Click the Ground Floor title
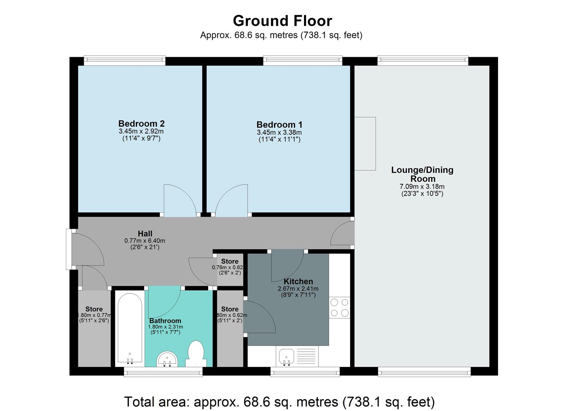(x=282, y=21)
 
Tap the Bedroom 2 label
(x=141, y=124)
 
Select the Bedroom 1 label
(x=279, y=125)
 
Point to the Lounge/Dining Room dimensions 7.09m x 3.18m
(x=422, y=186)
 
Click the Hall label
(x=145, y=234)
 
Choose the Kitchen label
(x=298, y=282)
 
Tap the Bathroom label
(x=165, y=321)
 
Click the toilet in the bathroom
(x=196, y=354)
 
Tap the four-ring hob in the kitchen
(x=339, y=307)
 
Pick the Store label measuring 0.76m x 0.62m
(x=229, y=261)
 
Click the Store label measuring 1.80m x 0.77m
(x=94, y=309)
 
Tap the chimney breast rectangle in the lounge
(x=365, y=143)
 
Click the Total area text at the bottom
(x=279, y=401)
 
